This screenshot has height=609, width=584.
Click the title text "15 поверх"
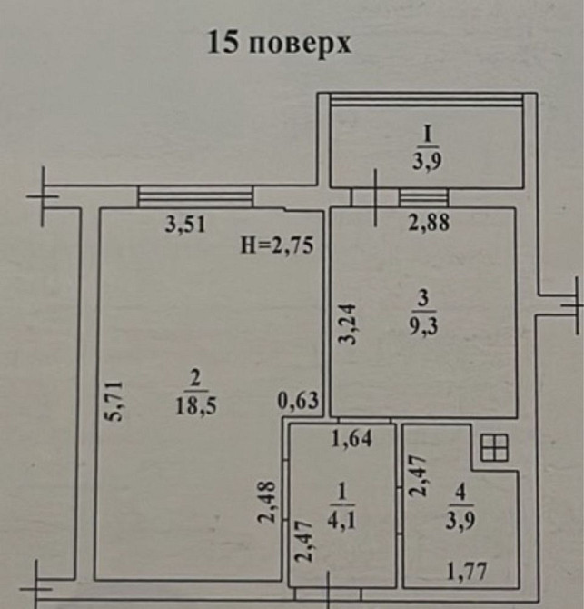tap(279, 43)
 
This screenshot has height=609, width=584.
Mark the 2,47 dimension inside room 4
tap(419, 476)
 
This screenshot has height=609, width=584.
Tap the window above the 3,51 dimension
tap(195, 195)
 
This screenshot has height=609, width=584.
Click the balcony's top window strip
tap(426, 100)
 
